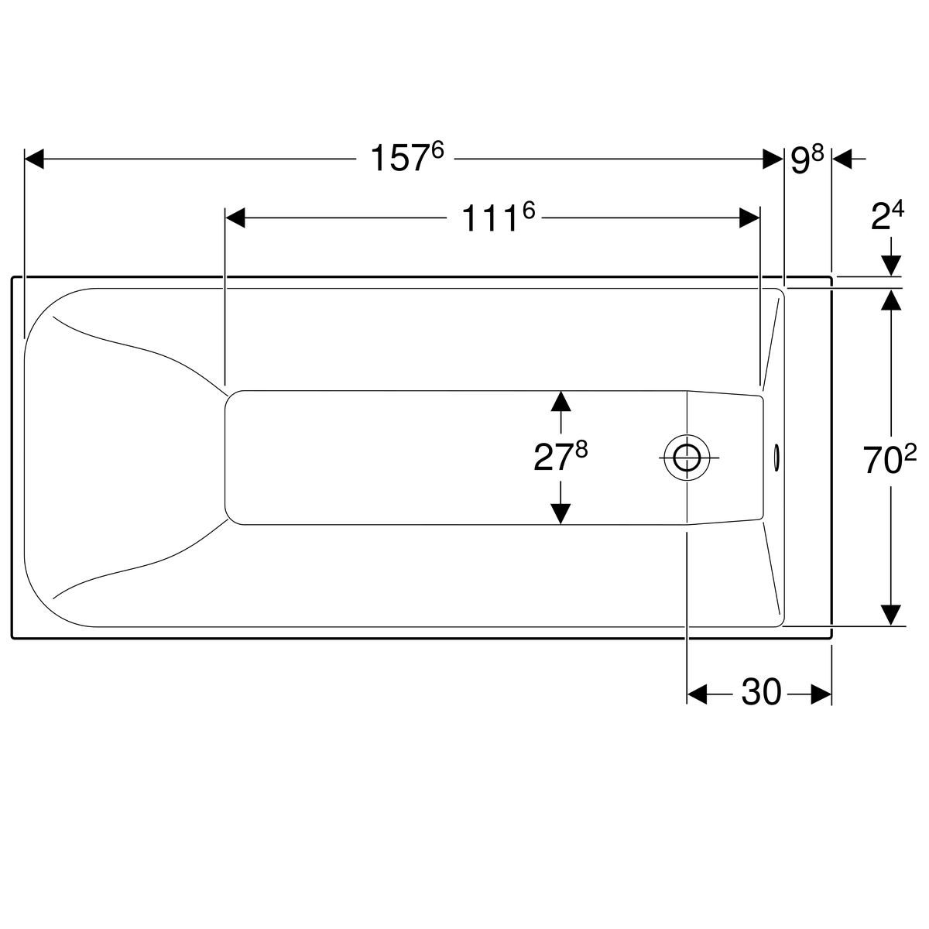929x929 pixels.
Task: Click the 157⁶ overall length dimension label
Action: pos(406,157)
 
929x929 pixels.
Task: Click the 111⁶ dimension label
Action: pos(499,217)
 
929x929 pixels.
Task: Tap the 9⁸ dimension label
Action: pos(807,159)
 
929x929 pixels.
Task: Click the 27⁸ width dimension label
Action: pos(560,456)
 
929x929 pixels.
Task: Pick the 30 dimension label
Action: pos(761,693)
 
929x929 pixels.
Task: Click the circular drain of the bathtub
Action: pos(687,458)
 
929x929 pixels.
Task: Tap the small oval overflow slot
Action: pos(776,457)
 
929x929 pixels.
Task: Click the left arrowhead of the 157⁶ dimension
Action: pos(34,159)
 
